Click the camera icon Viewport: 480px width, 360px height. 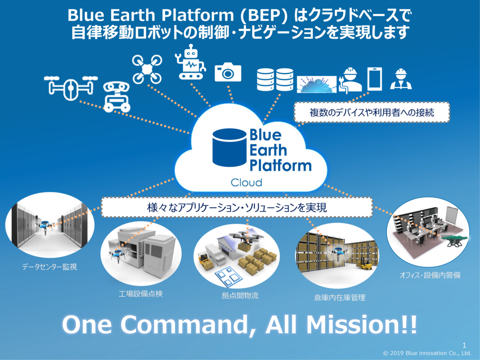click(228, 73)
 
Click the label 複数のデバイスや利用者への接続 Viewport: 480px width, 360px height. click(371, 113)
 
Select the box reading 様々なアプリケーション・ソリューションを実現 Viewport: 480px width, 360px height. click(237, 207)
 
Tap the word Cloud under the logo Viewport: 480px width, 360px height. click(246, 182)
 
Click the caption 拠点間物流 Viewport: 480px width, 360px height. click(240, 295)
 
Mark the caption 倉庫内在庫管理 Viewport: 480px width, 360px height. click(336, 297)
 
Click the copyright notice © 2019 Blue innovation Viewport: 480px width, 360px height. click(427, 353)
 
